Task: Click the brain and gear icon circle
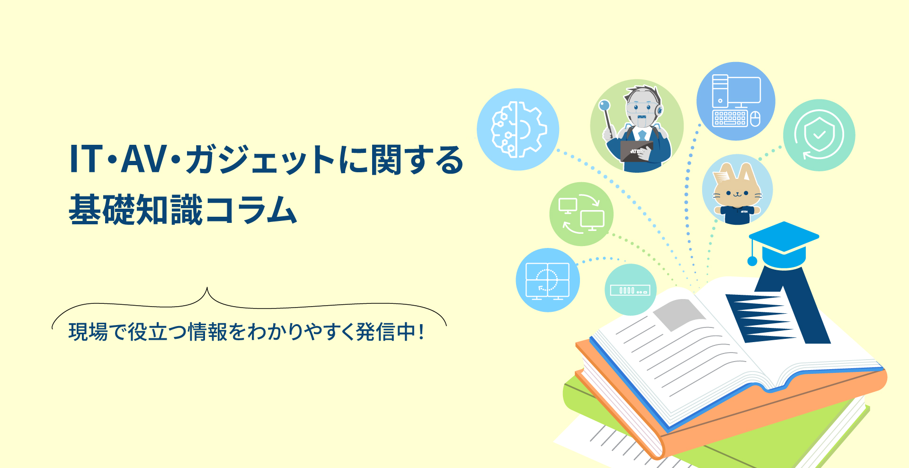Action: pyautogui.click(x=518, y=129)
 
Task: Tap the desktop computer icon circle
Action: pyautogui.click(x=736, y=101)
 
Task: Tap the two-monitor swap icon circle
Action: pyautogui.click(x=581, y=214)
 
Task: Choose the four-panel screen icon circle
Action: pyautogui.click(x=548, y=280)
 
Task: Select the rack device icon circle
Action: pyautogui.click(x=631, y=290)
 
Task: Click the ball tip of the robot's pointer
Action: pyautogui.click(x=604, y=105)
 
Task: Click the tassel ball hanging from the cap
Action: pyautogui.click(x=752, y=261)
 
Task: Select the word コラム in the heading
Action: pyautogui.click(x=251, y=210)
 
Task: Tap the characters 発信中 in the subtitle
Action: pyautogui.click(x=386, y=331)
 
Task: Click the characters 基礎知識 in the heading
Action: pyautogui.click(x=136, y=210)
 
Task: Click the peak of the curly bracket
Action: pyautogui.click(x=207, y=287)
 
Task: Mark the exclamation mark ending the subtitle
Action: pyautogui.click(x=421, y=331)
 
